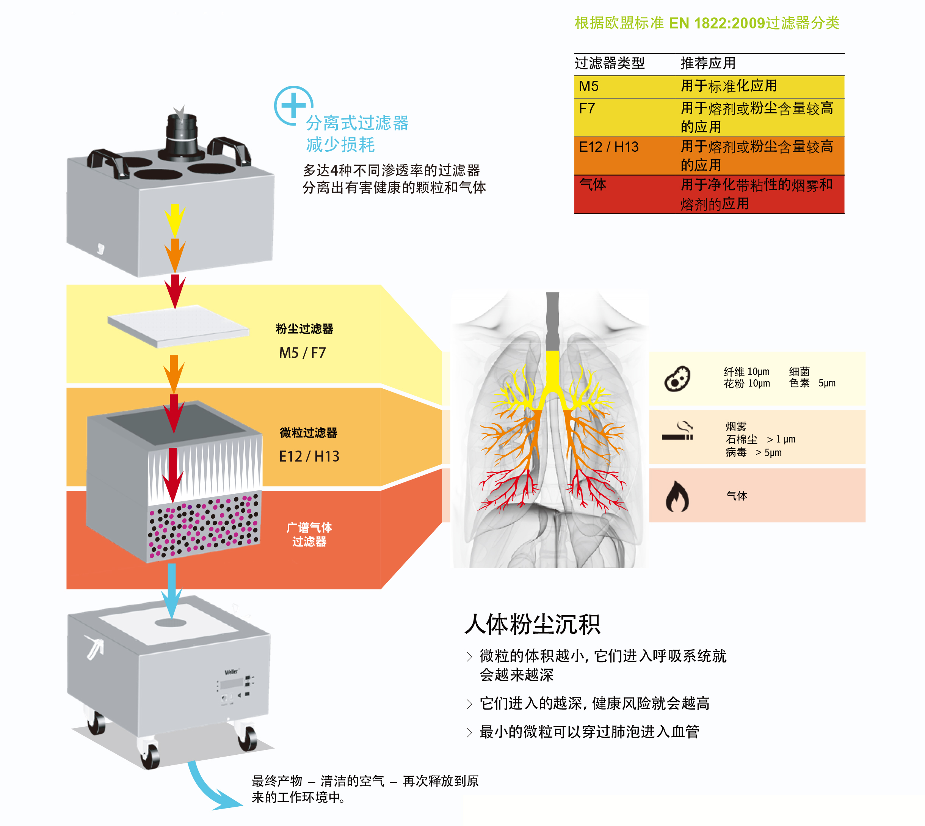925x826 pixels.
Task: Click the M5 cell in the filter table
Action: pyautogui.click(x=588, y=86)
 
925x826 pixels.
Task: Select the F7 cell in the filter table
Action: pyautogui.click(x=586, y=109)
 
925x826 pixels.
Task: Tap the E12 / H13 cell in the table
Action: pyautogui.click(x=608, y=147)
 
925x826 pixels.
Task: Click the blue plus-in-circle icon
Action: pyautogui.click(x=293, y=106)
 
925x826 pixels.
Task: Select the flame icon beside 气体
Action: pyautogui.click(x=677, y=496)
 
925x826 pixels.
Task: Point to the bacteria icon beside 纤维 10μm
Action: pyautogui.click(x=677, y=379)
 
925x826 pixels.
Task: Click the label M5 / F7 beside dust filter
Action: pyautogui.click(x=302, y=353)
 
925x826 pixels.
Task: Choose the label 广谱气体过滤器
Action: pyautogui.click(x=309, y=534)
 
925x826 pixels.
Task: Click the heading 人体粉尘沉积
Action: pyautogui.click(x=532, y=624)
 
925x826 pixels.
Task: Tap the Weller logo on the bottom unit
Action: pyautogui.click(x=231, y=672)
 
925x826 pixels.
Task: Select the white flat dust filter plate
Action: pyautogui.click(x=178, y=326)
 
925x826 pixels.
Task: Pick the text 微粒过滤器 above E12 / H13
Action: pyautogui.click(x=309, y=432)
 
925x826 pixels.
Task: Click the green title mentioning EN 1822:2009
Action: pyautogui.click(x=707, y=23)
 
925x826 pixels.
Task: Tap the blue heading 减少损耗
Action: pyautogui.click(x=340, y=145)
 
